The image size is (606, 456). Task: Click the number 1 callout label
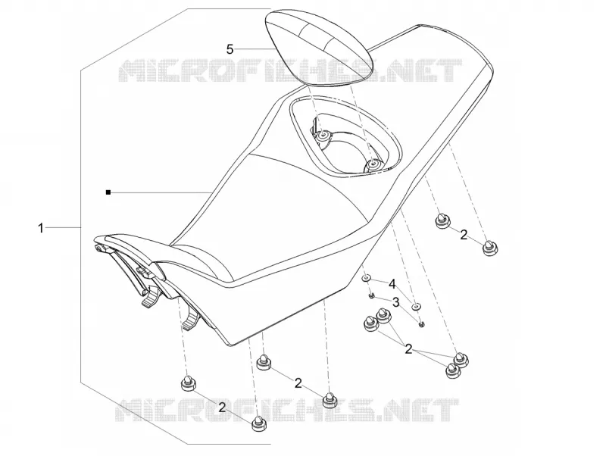[x=41, y=228]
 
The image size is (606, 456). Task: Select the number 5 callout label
[x=230, y=49]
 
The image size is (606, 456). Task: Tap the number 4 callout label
[x=392, y=285]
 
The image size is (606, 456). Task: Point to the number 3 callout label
[x=395, y=301]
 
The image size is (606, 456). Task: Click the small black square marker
[x=108, y=192]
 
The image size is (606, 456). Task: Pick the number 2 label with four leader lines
[x=408, y=350]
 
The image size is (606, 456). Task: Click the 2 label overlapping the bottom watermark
[x=222, y=407]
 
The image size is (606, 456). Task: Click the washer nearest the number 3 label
[x=416, y=306]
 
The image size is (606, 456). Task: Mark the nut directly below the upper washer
[x=370, y=295]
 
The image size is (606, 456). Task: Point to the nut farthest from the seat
[x=422, y=324]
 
